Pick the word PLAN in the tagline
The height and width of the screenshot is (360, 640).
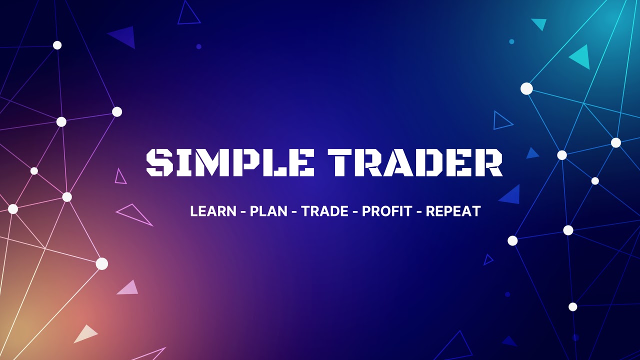point(268,211)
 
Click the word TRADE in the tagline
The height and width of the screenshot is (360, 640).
point(324,211)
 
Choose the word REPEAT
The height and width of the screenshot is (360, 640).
point(453,211)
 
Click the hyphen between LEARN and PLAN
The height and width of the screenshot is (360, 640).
point(243,212)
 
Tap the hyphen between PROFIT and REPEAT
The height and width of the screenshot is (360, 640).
point(419,212)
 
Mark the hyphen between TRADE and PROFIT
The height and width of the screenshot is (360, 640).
point(355,212)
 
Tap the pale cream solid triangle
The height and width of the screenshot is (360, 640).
point(85,334)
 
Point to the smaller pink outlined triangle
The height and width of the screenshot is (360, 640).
point(120,177)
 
